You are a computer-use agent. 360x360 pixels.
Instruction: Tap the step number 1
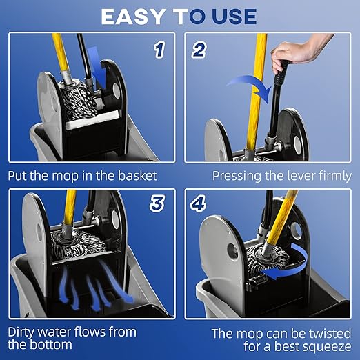point(159,50)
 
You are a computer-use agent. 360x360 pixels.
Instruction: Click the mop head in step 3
point(78,246)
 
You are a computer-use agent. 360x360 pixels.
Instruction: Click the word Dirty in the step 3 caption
point(23,332)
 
